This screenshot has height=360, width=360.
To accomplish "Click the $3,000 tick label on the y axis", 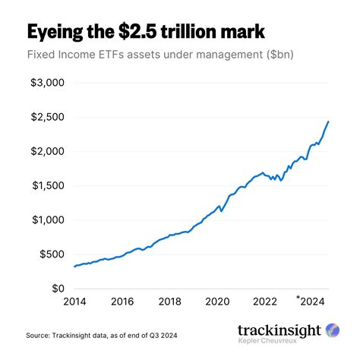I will (x=47, y=82).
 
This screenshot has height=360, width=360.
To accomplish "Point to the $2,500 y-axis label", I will (x=47, y=116).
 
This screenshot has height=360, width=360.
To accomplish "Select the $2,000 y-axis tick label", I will (x=47, y=151).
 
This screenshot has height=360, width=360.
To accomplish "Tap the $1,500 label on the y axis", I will (x=47, y=185).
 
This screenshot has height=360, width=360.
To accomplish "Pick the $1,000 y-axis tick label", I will (x=47, y=220).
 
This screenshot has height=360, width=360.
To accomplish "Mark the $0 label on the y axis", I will (x=58, y=289).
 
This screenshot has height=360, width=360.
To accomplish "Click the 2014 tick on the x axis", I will (x=75, y=301).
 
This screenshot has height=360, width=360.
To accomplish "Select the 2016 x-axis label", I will (x=123, y=301).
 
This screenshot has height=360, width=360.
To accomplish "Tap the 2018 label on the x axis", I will (x=171, y=301).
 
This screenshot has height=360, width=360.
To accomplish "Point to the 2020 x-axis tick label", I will (x=218, y=301).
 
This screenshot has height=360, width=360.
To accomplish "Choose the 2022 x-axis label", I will (x=266, y=301).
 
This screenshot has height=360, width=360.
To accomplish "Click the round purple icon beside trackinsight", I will (x=333, y=330).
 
